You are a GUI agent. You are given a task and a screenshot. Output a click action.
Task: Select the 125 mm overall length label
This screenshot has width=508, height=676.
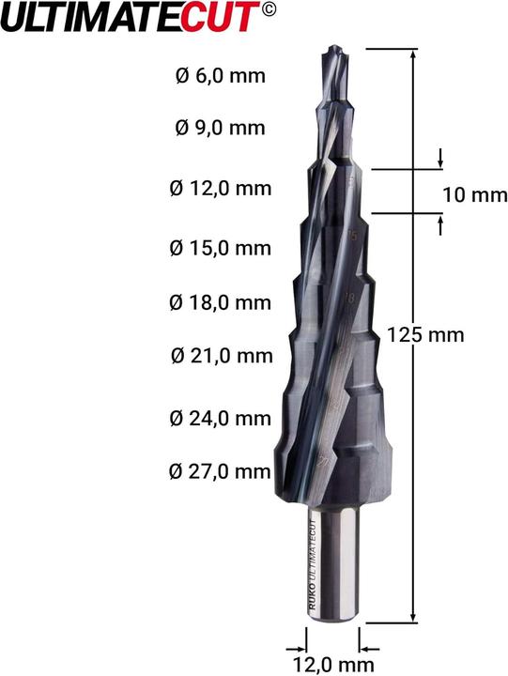coord(425,335)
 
